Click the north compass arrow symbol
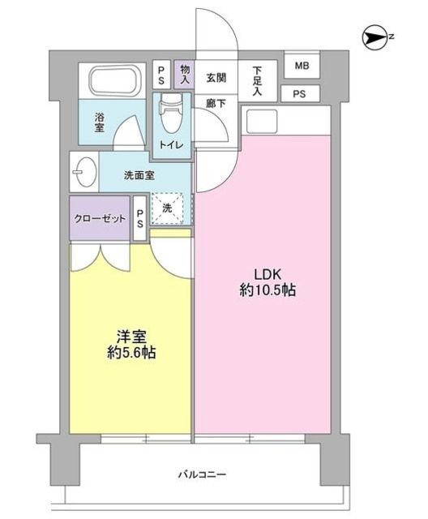(x=376, y=36)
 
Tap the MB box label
(x=302, y=66)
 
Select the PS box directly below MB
(x=300, y=94)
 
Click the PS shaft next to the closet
(x=140, y=218)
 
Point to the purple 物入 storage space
(x=184, y=75)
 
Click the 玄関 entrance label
(x=216, y=78)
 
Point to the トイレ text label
(x=171, y=145)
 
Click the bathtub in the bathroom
(x=115, y=80)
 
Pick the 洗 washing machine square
(x=168, y=208)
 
